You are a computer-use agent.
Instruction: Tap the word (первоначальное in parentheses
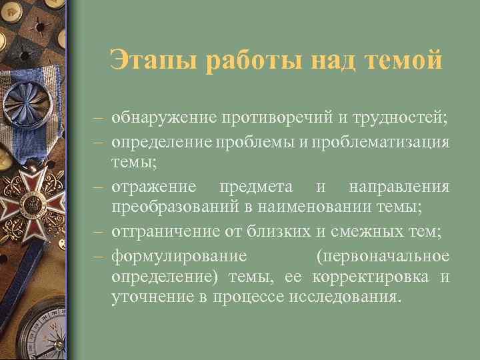click(x=383, y=256)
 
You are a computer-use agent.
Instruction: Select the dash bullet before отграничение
click(x=98, y=231)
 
